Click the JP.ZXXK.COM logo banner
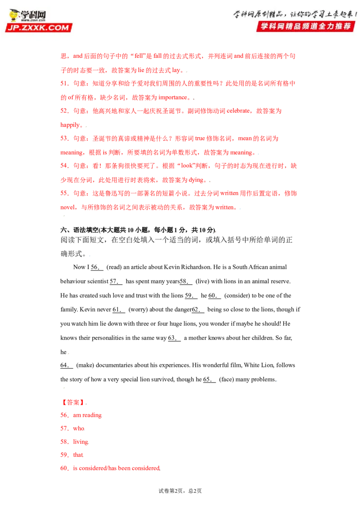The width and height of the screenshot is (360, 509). [39, 27]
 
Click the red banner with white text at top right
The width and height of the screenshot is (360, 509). [306, 26]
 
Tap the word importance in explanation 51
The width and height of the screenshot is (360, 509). [173, 98]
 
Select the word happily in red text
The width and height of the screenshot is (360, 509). [70, 125]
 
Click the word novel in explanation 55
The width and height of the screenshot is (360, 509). [67, 207]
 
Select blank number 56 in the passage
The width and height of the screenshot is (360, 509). [97, 268]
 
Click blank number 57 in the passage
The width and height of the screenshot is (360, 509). [116, 281]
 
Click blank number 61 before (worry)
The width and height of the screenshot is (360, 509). [119, 310]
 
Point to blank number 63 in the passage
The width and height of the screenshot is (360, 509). [174, 338]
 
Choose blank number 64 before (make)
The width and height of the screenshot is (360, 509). [67, 366]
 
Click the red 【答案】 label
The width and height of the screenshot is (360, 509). [73, 402]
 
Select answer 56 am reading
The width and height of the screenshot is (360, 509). [81, 415]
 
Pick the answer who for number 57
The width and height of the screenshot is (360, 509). [72, 429]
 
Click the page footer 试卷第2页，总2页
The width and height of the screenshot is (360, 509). [180, 491]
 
